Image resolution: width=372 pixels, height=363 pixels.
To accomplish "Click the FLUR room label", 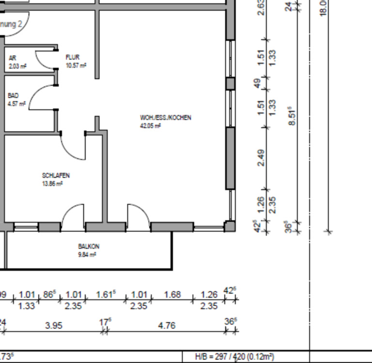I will [x=72, y=57].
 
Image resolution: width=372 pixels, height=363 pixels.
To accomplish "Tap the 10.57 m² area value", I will [x=76, y=65].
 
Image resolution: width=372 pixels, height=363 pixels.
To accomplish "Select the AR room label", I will [x=13, y=58].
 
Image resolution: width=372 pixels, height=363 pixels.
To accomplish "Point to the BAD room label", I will [x=13, y=96].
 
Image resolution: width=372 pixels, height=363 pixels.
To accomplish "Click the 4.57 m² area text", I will [x=16, y=104].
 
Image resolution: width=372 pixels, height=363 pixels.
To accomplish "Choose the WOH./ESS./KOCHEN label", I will [x=166, y=118].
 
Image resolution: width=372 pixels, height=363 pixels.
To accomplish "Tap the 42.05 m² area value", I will [x=150, y=126].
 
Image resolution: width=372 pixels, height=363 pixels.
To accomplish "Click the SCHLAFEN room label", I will [x=56, y=176].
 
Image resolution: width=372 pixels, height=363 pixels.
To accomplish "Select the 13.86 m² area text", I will [x=53, y=184].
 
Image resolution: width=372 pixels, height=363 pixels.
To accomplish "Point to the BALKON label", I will [x=89, y=246].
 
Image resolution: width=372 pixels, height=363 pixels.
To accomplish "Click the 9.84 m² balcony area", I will [x=87, y=255].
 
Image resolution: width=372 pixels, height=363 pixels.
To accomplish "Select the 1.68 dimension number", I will [x=172, y=294].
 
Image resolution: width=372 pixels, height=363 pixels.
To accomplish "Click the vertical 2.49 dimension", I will [x=261, y=158].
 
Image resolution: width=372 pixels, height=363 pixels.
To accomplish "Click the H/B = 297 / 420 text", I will [x=234, y=357].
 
